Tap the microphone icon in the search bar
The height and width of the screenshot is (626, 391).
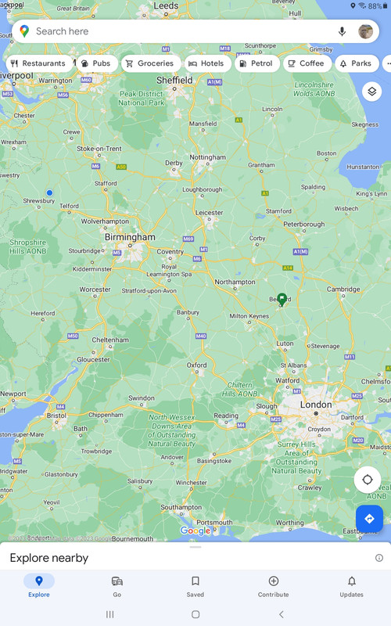pos(342,31)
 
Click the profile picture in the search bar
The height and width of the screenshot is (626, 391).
pos(365,31)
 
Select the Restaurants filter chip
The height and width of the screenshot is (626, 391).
pos(38,63)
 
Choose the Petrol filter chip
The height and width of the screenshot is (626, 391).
pos(256,63)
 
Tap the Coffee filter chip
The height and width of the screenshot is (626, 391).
pos(306,63)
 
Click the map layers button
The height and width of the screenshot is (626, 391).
pos(371,92)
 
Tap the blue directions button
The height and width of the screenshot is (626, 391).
pos(369,519)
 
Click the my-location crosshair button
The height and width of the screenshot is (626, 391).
pos(368,480)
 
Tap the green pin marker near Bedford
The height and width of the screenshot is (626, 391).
pos(282,300)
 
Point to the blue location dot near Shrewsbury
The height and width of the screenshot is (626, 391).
pos(49,192)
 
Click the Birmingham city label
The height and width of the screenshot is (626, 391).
pos(130,237)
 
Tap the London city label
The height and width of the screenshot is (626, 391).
pos(316,405)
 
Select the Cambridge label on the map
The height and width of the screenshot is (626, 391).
pos(343,290)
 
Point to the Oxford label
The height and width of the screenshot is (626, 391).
pos(196,365)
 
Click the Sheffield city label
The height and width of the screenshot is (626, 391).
pos(174,80)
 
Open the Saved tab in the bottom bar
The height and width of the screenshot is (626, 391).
pos(195,586)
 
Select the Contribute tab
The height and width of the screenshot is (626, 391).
pos(274,586)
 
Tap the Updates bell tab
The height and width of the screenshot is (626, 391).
pos(351,586)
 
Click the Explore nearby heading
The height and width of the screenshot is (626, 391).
pos(49,558)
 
